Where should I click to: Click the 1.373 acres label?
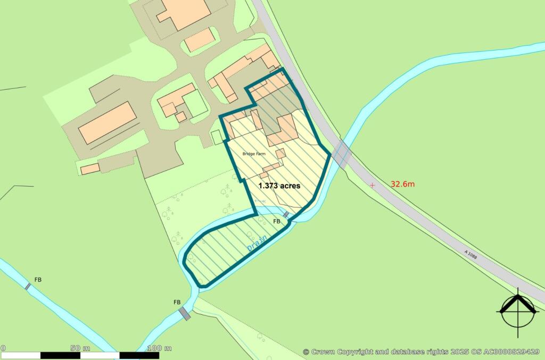[x=279, y=186]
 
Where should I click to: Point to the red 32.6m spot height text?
[x=403, y=184]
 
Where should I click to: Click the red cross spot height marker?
[x=372, y=185]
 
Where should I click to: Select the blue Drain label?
[x=257, y=242]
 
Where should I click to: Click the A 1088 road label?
[x=471, y=255]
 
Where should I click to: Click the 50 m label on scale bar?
[x=80, y=348]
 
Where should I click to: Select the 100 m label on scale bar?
[x=159, y=348]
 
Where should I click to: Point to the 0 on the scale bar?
[x=3, y=348]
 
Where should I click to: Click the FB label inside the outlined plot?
[x=276, y=221]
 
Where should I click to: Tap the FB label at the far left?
[x=38, y=279]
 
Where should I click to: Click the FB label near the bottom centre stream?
[x=177, y=302]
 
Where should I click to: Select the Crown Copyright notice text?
[x=421, y=351]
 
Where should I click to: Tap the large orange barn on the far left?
[x=107, y=122]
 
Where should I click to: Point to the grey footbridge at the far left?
[x=28, y=286]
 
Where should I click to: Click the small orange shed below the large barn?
[x=90, y=169]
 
